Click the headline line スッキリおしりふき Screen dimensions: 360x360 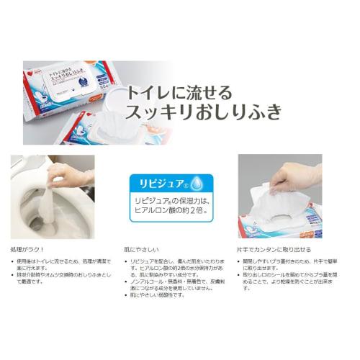204,112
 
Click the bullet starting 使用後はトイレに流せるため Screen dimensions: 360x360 55,263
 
